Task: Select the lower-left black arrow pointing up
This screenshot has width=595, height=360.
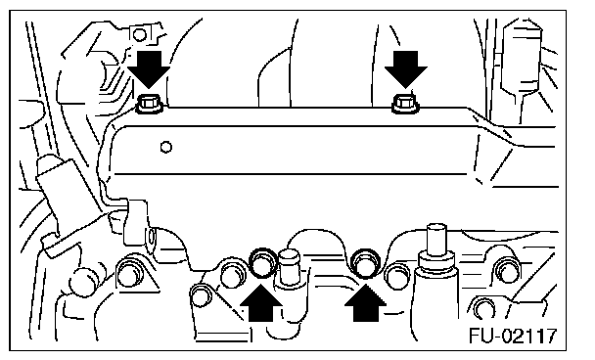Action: (261, 303)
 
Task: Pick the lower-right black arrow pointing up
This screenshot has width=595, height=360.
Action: (365, 303)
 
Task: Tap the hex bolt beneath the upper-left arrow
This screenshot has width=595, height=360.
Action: (150, 104)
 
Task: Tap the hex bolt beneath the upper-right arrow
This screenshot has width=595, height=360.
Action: (406, 104)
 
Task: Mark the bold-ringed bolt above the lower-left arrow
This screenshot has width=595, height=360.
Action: (262, 262)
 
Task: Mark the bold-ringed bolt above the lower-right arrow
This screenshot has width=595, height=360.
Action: (366, 262)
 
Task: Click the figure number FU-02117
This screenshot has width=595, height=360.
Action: (513, 336)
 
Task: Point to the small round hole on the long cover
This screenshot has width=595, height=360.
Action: (166, 147)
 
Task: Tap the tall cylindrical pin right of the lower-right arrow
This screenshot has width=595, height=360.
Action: (436, 247)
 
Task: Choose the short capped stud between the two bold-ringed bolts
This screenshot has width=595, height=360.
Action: (289, 267)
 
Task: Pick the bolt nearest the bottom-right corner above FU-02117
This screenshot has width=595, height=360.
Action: (483, 307)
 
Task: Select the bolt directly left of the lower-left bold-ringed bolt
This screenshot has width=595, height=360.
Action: (232, 273)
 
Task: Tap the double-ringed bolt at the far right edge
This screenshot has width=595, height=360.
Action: (508, 269)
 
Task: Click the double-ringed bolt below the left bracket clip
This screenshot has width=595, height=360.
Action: (131, 272)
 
